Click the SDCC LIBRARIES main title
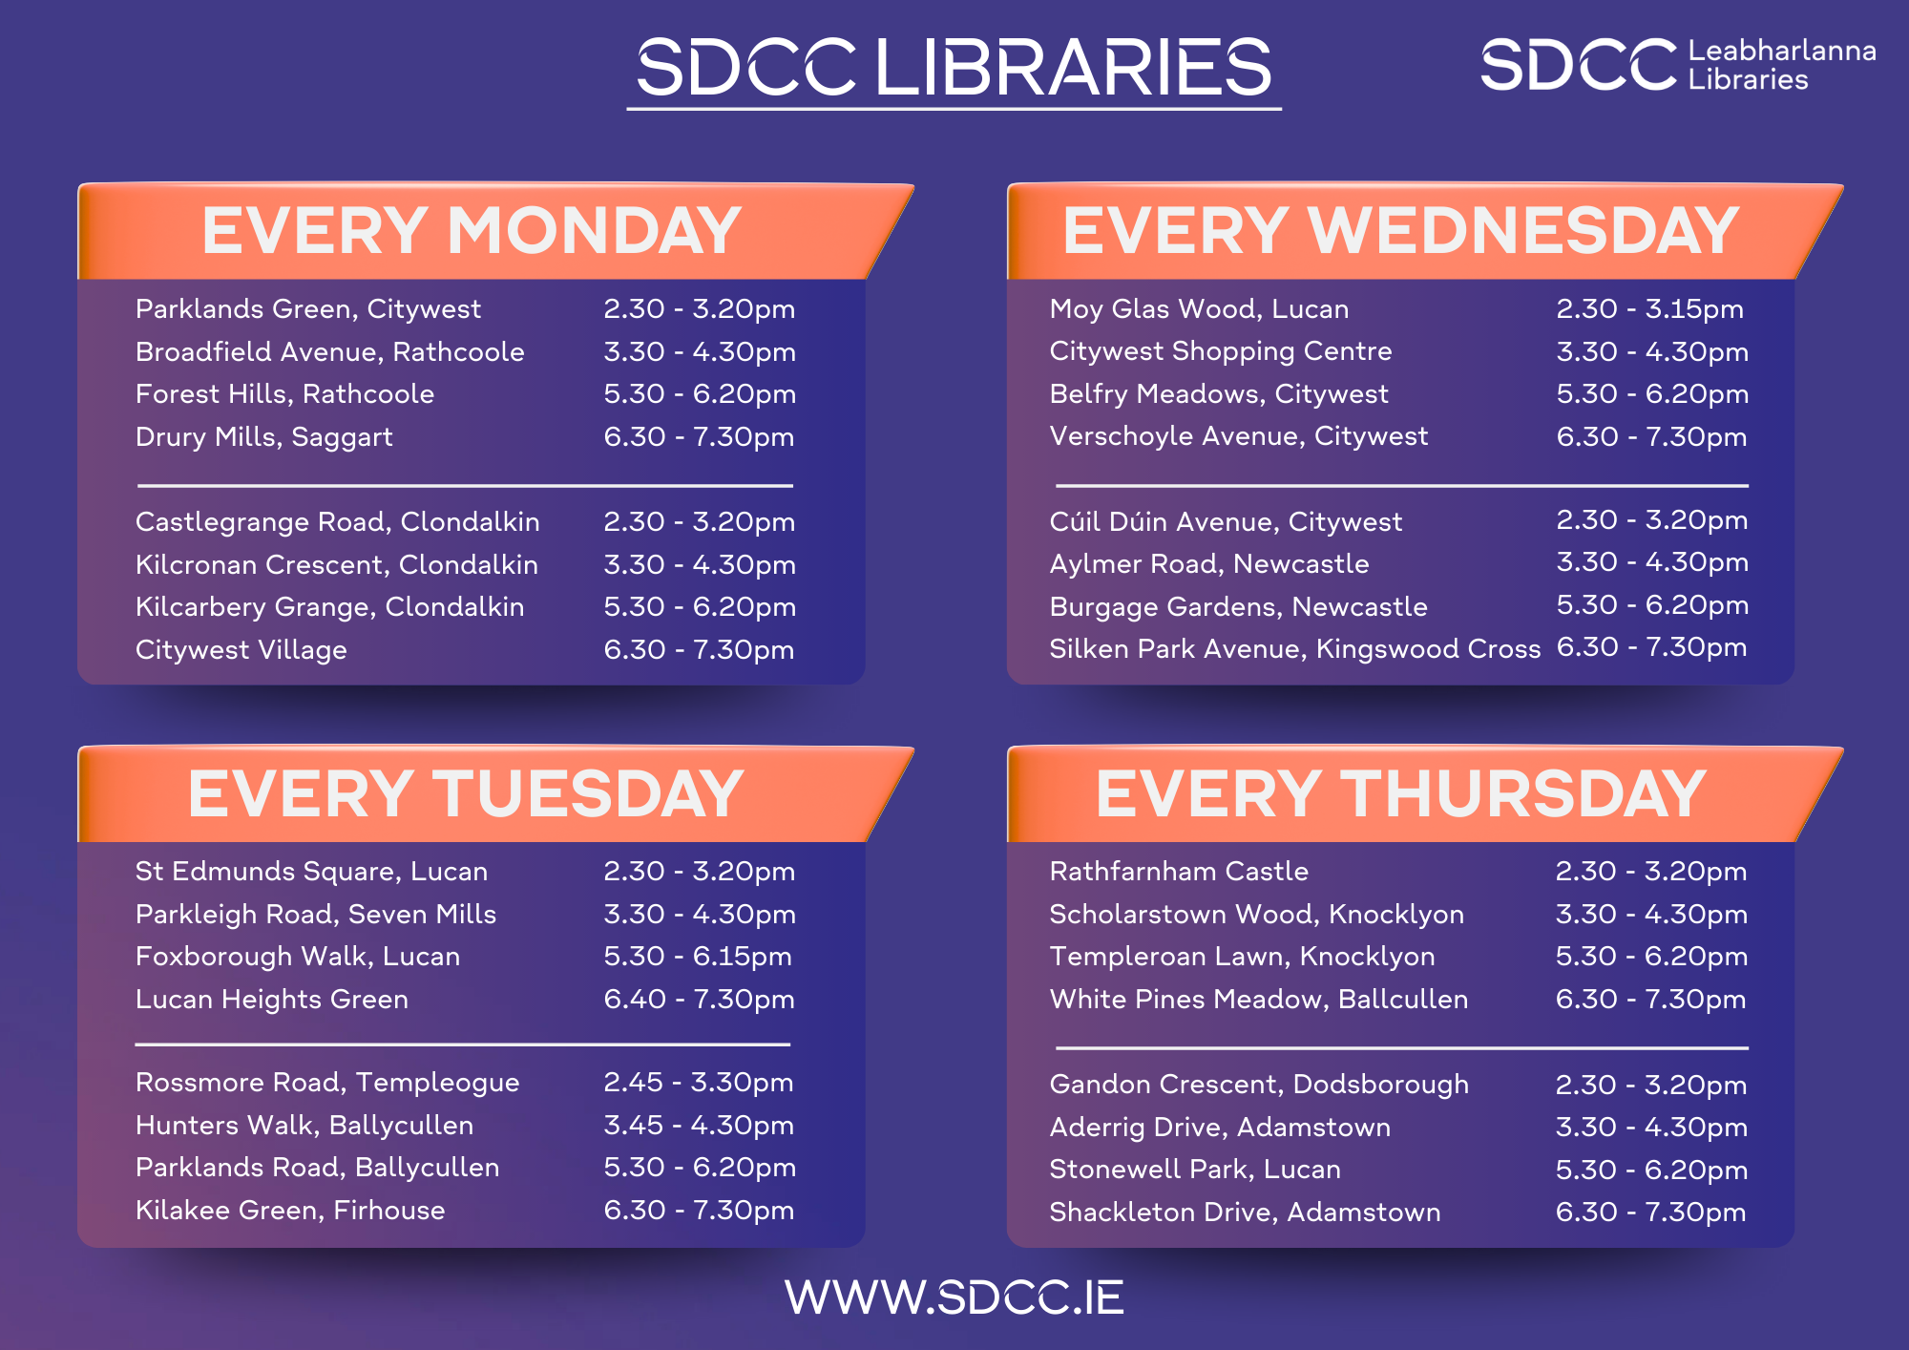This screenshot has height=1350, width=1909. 954,68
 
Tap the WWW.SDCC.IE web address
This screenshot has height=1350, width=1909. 954,1297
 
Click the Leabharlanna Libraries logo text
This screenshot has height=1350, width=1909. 1781,65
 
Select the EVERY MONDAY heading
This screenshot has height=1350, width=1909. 472,231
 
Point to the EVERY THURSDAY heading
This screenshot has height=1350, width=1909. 1400,794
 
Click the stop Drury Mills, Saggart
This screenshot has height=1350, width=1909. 263,437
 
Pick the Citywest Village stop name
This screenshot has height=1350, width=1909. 241,650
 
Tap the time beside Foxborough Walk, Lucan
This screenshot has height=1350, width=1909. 698,957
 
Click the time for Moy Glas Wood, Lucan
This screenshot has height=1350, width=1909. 1649,309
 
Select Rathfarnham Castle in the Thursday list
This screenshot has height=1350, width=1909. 1178,872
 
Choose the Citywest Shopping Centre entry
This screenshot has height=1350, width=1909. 1220,351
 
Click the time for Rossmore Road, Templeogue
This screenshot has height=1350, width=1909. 698,1083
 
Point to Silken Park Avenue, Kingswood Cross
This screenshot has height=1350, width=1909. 1294,649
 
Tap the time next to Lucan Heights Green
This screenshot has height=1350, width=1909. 699,1000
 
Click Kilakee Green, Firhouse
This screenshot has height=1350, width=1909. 290,1211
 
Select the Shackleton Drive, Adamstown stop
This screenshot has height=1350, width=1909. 1245,1213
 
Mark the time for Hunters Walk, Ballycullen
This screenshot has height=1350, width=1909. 698,1126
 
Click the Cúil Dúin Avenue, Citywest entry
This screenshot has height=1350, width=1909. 1226,522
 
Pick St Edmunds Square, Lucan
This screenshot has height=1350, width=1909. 311,872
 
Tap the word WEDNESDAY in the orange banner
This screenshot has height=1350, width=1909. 1522,231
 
